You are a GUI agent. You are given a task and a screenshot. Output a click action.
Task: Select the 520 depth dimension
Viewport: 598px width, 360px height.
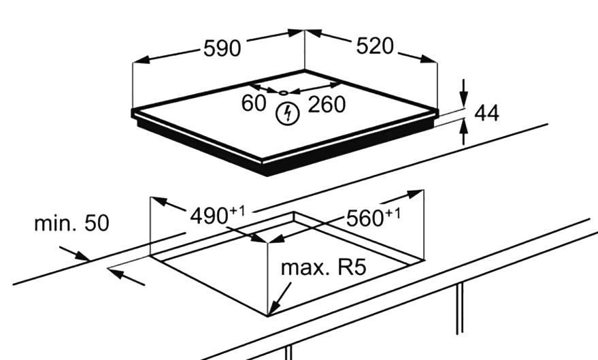(375, 46)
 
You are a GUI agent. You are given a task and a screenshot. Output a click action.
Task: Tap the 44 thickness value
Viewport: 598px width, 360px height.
(486, 113)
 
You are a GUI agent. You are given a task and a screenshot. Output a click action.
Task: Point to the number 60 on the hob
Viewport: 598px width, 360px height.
(253, 104)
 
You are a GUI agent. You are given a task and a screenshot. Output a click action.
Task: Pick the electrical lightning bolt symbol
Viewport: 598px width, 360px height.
(289, 114)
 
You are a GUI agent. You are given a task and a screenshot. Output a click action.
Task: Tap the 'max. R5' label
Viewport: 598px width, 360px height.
(324, 266)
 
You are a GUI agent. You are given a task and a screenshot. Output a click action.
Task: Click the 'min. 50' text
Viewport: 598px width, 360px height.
(71, 223)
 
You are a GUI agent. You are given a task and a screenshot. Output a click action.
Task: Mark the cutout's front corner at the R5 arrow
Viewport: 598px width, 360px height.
(269, 315)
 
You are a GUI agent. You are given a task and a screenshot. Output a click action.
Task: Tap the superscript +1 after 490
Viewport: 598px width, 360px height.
(237, 211)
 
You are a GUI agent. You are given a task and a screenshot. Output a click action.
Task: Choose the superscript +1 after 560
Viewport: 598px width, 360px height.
(393, 213)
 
